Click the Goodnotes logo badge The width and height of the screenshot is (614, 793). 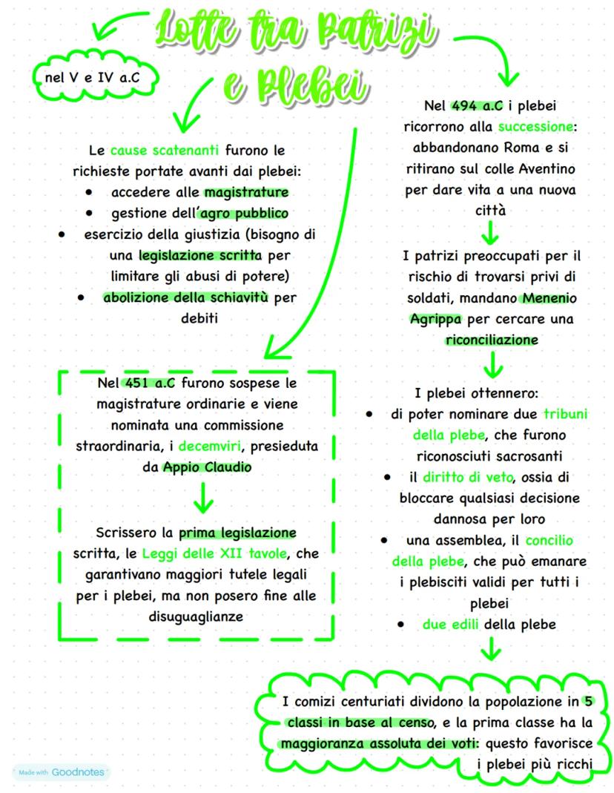(61, 771)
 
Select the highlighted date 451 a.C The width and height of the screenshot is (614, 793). (148, 384)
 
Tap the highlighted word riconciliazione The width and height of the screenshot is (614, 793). (492, 340)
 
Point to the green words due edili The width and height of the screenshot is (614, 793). (450, 625)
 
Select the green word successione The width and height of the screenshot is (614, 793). (537, 126)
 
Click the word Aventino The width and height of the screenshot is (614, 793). (546, 169)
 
